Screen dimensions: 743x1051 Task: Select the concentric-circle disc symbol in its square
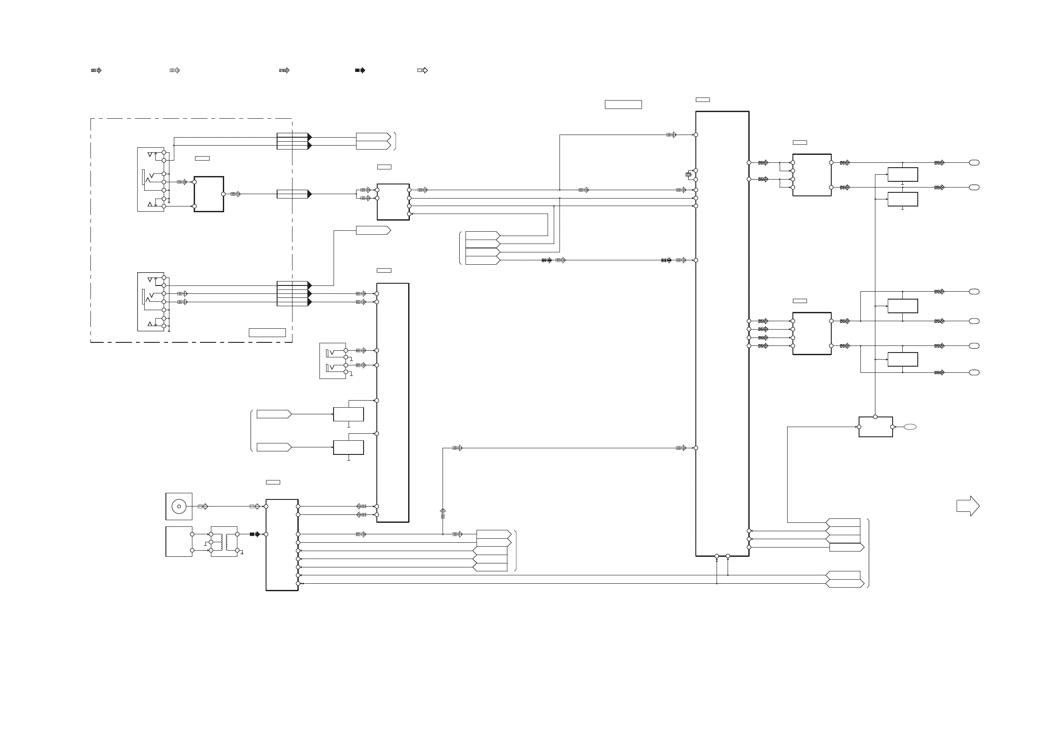click(x=179, y=507)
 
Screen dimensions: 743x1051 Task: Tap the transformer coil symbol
click(x=224, y=542)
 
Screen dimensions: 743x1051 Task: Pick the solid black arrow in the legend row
click(x=360, y=71)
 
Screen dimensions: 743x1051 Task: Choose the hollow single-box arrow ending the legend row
click(x=423, y=71)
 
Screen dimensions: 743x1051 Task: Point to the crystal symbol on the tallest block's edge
click(x=688, y=174)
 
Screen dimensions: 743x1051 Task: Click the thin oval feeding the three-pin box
click(x=910, y=427)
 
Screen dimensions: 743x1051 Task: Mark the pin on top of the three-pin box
click(x=875, y=417)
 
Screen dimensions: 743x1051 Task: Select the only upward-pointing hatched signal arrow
click(x=443, y=513)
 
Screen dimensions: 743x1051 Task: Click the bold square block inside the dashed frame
click(x=209, y=194)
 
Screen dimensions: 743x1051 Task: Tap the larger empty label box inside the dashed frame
click(x=267, y=332)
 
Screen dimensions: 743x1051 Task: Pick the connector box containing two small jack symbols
click(x=333, y=361)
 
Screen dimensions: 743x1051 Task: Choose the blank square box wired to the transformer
click(x=179, y=541)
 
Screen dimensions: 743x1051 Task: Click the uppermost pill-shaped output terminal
click(x=974, y=162)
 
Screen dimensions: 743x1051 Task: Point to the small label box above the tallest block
click(x=702, y=100)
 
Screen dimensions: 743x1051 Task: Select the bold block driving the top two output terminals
click(x=811, y=175)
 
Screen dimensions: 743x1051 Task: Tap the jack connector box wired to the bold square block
click(x=151, y=180)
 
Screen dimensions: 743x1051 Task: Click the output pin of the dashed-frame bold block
click(x=223, y=194)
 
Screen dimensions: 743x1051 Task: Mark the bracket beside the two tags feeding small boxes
click(x=251, y=430)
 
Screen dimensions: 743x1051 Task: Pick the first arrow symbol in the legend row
click(x=96, y=71)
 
